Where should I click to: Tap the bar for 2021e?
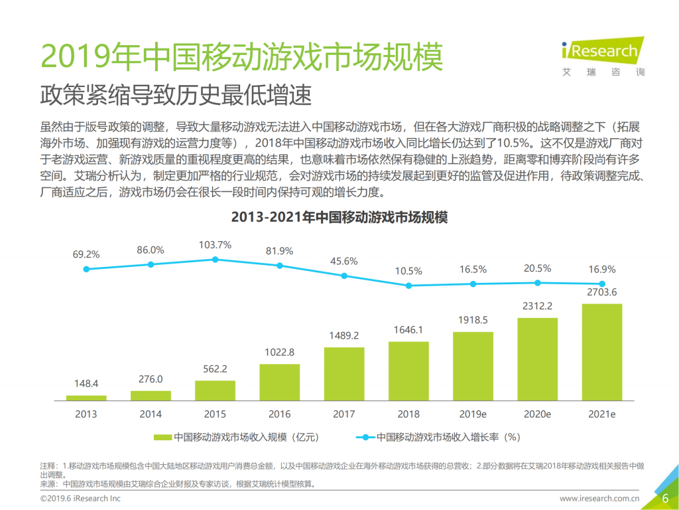click(601, 352)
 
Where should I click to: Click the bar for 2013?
click(86, 398)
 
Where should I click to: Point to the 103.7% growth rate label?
click(215, 245)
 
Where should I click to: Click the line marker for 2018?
click(408, 286)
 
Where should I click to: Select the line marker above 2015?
click(215, 260)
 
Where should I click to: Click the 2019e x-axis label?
click(473, 414)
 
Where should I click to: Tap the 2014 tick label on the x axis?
click(151, 414)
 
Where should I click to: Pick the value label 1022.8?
click(279, 352)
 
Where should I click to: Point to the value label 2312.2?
click(537, 305)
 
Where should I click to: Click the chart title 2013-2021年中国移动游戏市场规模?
click(339, 217)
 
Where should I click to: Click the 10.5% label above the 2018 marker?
click(408, 271)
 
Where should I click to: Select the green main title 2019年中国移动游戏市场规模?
click(241, 58)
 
